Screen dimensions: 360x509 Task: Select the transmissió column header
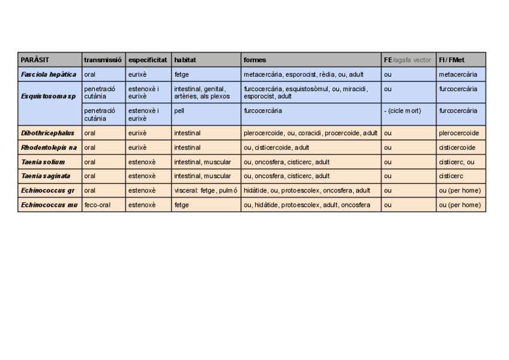[x=103, y=60]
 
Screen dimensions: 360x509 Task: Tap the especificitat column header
[x=148, y=60]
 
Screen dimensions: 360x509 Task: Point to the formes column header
[x=254, y=60]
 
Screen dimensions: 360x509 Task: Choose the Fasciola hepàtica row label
[x=49, y=74]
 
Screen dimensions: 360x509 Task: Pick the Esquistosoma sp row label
[x=49, y=96]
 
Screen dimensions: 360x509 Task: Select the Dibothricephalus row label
[x=47, y=133]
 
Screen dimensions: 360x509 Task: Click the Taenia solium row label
[x=43, y=161]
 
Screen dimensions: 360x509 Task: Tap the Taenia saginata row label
[x=46, y=176]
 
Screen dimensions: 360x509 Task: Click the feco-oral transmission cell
[x=97, y=205]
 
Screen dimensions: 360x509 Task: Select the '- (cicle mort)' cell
[x=403, y=111]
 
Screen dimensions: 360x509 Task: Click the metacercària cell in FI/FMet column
[x=458, y=74]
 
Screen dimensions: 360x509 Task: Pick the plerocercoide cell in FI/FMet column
[x=459, y=133]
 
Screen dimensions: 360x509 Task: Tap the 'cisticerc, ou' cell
[x=456, y=161]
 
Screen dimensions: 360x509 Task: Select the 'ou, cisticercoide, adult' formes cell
[x=277, y=147]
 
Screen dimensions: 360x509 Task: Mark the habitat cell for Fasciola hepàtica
[x=181, y=74]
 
